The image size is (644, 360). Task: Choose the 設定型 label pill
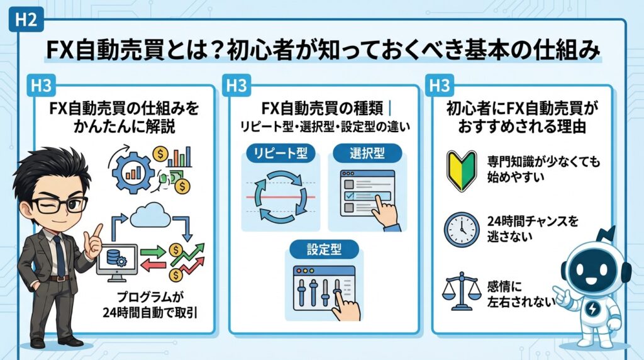(324, 249)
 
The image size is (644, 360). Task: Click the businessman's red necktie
(59, 252)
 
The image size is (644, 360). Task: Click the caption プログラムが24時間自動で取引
(150, 303)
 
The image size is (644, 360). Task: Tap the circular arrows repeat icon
(281, 195)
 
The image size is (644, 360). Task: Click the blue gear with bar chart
(135, 167)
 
